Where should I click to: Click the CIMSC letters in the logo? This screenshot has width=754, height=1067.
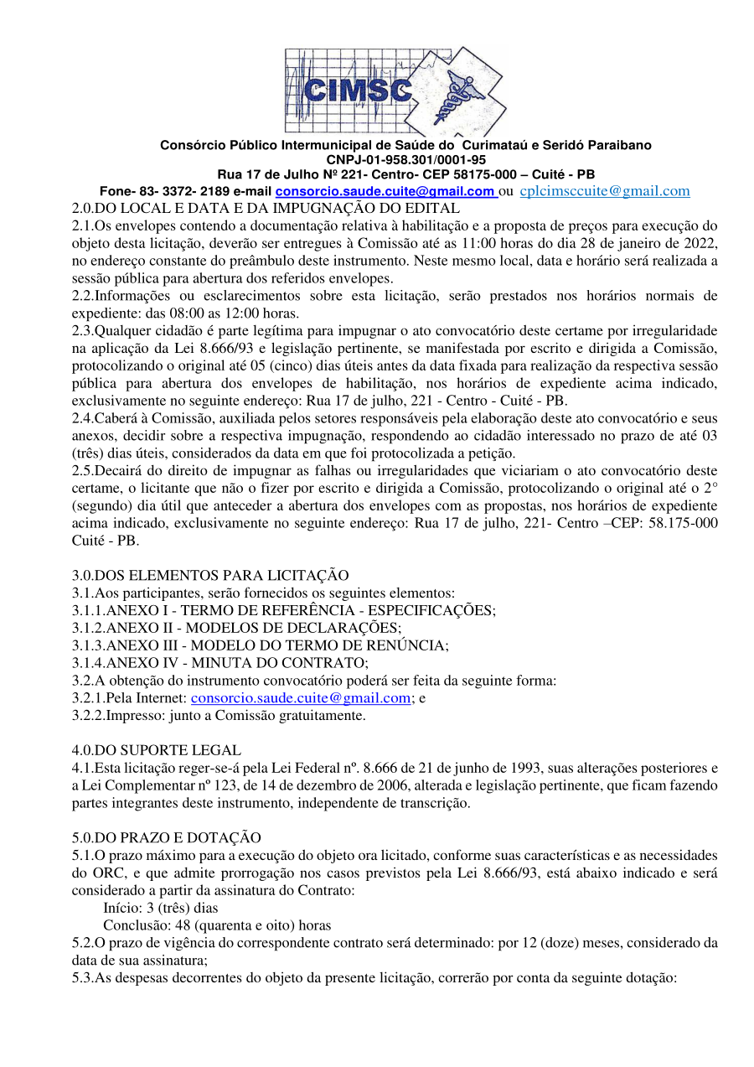(x=356, y=89)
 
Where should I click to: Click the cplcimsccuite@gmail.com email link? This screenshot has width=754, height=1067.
(x=605, y=191)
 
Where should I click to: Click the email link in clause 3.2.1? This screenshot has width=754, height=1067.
(x=301, y=698)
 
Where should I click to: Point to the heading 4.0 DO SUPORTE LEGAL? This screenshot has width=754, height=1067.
(x=157, y=751)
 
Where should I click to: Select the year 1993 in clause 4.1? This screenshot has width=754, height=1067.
(x=484, y=769)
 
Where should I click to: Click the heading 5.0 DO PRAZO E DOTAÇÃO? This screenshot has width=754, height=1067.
(x=167, y=838)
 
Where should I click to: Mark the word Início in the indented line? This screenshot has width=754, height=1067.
(x=120, y=908)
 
